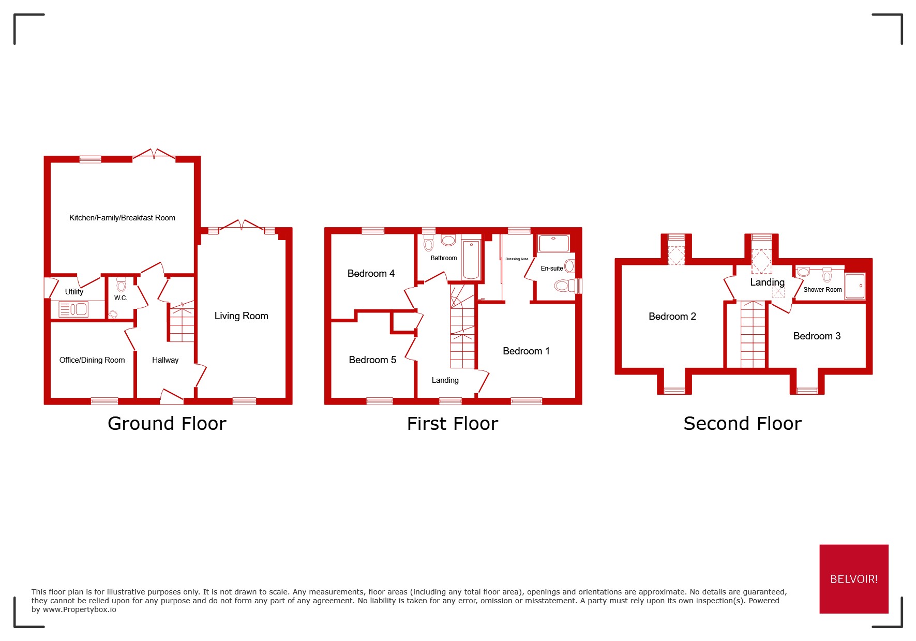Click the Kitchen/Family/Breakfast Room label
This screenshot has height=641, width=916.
pos(122,218)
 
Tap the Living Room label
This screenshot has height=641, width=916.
pos(241,316)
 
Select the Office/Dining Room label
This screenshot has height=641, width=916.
pos(92,360)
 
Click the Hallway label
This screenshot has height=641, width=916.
pos(165,360)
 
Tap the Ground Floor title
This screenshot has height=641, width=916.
pos(167,424)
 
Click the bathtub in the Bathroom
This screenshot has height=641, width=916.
pos(471,260)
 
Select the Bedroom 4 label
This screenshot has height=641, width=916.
pos(371,273)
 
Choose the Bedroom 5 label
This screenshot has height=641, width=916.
pos(372,360)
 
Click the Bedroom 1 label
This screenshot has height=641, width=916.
pos(526,351)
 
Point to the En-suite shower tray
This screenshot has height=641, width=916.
pos(553,243)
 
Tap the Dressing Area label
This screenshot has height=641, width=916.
pos(517,259)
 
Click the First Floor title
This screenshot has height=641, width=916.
pos(452,424)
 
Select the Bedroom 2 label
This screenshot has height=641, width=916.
pos(672,316)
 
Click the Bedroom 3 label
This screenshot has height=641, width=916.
pos(817,336)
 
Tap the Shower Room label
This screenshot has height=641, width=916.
pos(822,290)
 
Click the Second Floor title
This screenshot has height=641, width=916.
pos(742,424)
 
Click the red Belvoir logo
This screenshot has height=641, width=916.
pos(853,579)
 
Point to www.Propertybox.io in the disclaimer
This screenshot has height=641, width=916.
pos(79,609)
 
